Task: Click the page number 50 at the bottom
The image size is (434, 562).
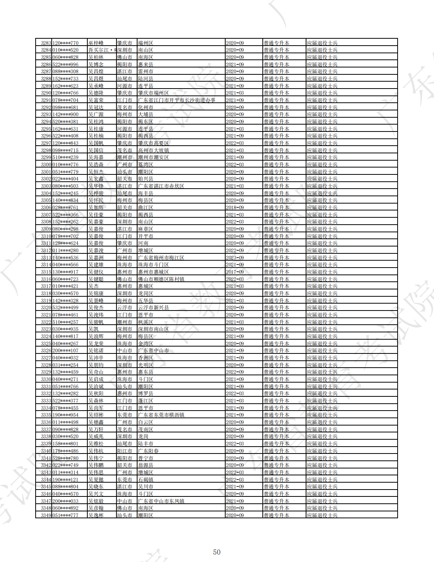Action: (217, 552)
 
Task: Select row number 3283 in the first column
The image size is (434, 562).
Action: (46, 43)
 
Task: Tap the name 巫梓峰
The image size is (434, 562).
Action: (96, 43)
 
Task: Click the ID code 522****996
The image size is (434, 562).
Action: (66, 64)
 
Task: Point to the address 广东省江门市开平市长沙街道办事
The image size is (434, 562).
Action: (177, 100)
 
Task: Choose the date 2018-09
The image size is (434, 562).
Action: (235, 207)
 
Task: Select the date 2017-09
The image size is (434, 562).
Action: (235, 272)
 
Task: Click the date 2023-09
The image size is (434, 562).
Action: (235, 258)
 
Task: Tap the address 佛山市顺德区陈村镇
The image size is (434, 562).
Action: (161, 279)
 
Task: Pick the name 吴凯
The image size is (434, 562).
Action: (93, 329)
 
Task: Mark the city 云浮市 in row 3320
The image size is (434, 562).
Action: (124, 307)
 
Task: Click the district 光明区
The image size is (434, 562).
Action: (146, 365)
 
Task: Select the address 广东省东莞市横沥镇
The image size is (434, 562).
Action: (161, 415)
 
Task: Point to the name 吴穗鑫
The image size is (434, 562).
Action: (96, 422)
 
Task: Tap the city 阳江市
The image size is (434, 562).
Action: (124, 451)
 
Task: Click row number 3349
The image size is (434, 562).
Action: (46, 515)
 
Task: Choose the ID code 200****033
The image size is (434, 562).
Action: (66, 501)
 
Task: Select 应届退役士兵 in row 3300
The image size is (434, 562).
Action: (322, 164)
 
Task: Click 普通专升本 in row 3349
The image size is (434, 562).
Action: (276, 515)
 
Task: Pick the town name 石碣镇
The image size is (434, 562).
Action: (146, 480)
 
